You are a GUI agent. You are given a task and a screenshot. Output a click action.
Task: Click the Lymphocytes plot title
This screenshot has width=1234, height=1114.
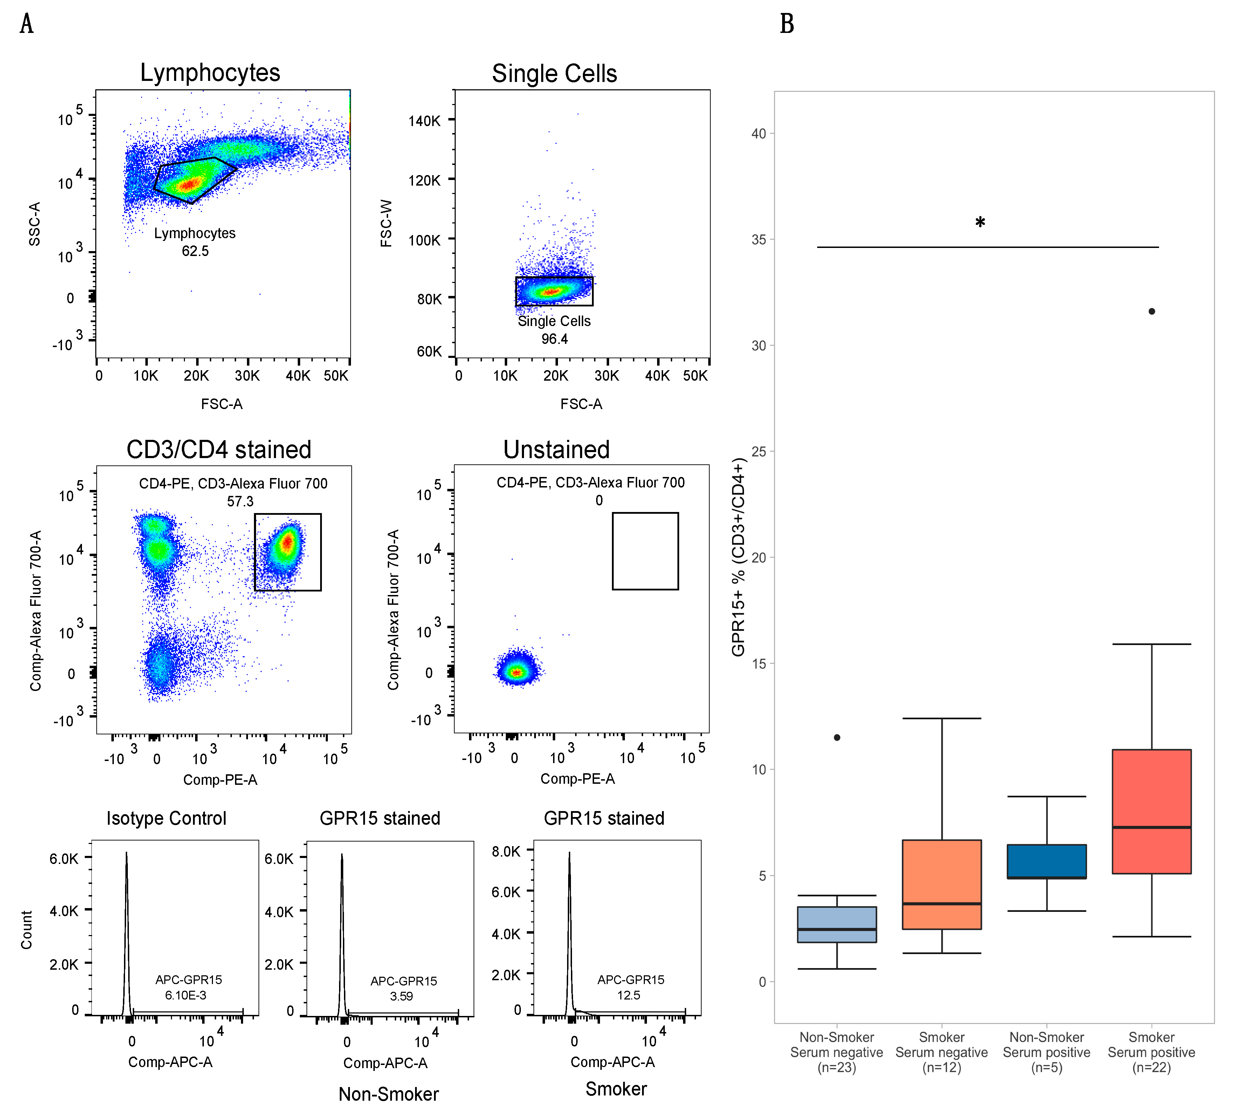point(210,73)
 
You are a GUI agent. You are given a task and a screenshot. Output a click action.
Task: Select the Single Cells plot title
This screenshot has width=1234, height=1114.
point(554,74)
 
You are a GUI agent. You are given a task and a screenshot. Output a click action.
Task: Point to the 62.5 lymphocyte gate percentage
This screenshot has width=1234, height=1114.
point(195,251)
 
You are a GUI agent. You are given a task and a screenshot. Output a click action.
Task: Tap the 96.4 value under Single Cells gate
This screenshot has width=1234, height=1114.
point(554,339)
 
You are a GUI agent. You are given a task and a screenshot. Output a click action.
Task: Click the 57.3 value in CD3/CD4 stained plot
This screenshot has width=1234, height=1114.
point(240,501)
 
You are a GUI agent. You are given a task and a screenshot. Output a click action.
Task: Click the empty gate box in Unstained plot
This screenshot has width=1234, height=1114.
point(645,551)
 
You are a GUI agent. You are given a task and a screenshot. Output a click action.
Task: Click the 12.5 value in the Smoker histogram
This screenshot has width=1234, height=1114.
point(629,995)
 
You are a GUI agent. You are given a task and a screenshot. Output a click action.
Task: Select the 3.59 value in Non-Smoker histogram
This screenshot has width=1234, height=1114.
point(401,996)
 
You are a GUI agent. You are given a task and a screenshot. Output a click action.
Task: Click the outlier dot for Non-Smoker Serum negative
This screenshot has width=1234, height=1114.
point(837,738)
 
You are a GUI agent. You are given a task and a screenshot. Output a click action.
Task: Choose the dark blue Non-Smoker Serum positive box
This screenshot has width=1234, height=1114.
point(1047,861)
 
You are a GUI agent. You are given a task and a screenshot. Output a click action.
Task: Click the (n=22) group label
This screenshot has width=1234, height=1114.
point(1151,1068)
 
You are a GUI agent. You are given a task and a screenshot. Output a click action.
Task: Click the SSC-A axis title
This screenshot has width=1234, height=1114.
point(35,224)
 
